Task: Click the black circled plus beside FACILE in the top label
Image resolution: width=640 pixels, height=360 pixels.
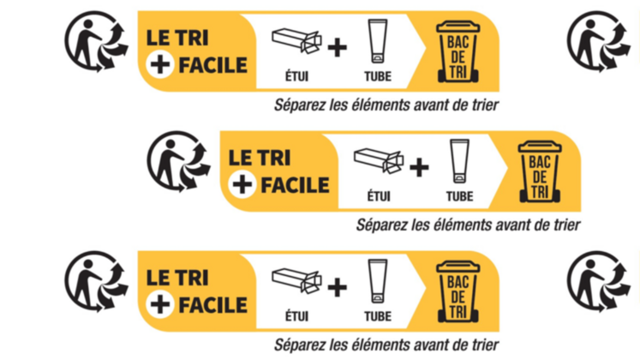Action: (x=158, y=64)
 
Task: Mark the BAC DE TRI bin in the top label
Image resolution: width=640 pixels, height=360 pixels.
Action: (x=458, y=49)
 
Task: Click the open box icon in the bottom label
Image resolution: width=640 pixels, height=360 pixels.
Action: (x=296, y=279)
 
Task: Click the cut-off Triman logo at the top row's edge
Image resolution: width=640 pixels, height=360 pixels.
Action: (x=604, y=40)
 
